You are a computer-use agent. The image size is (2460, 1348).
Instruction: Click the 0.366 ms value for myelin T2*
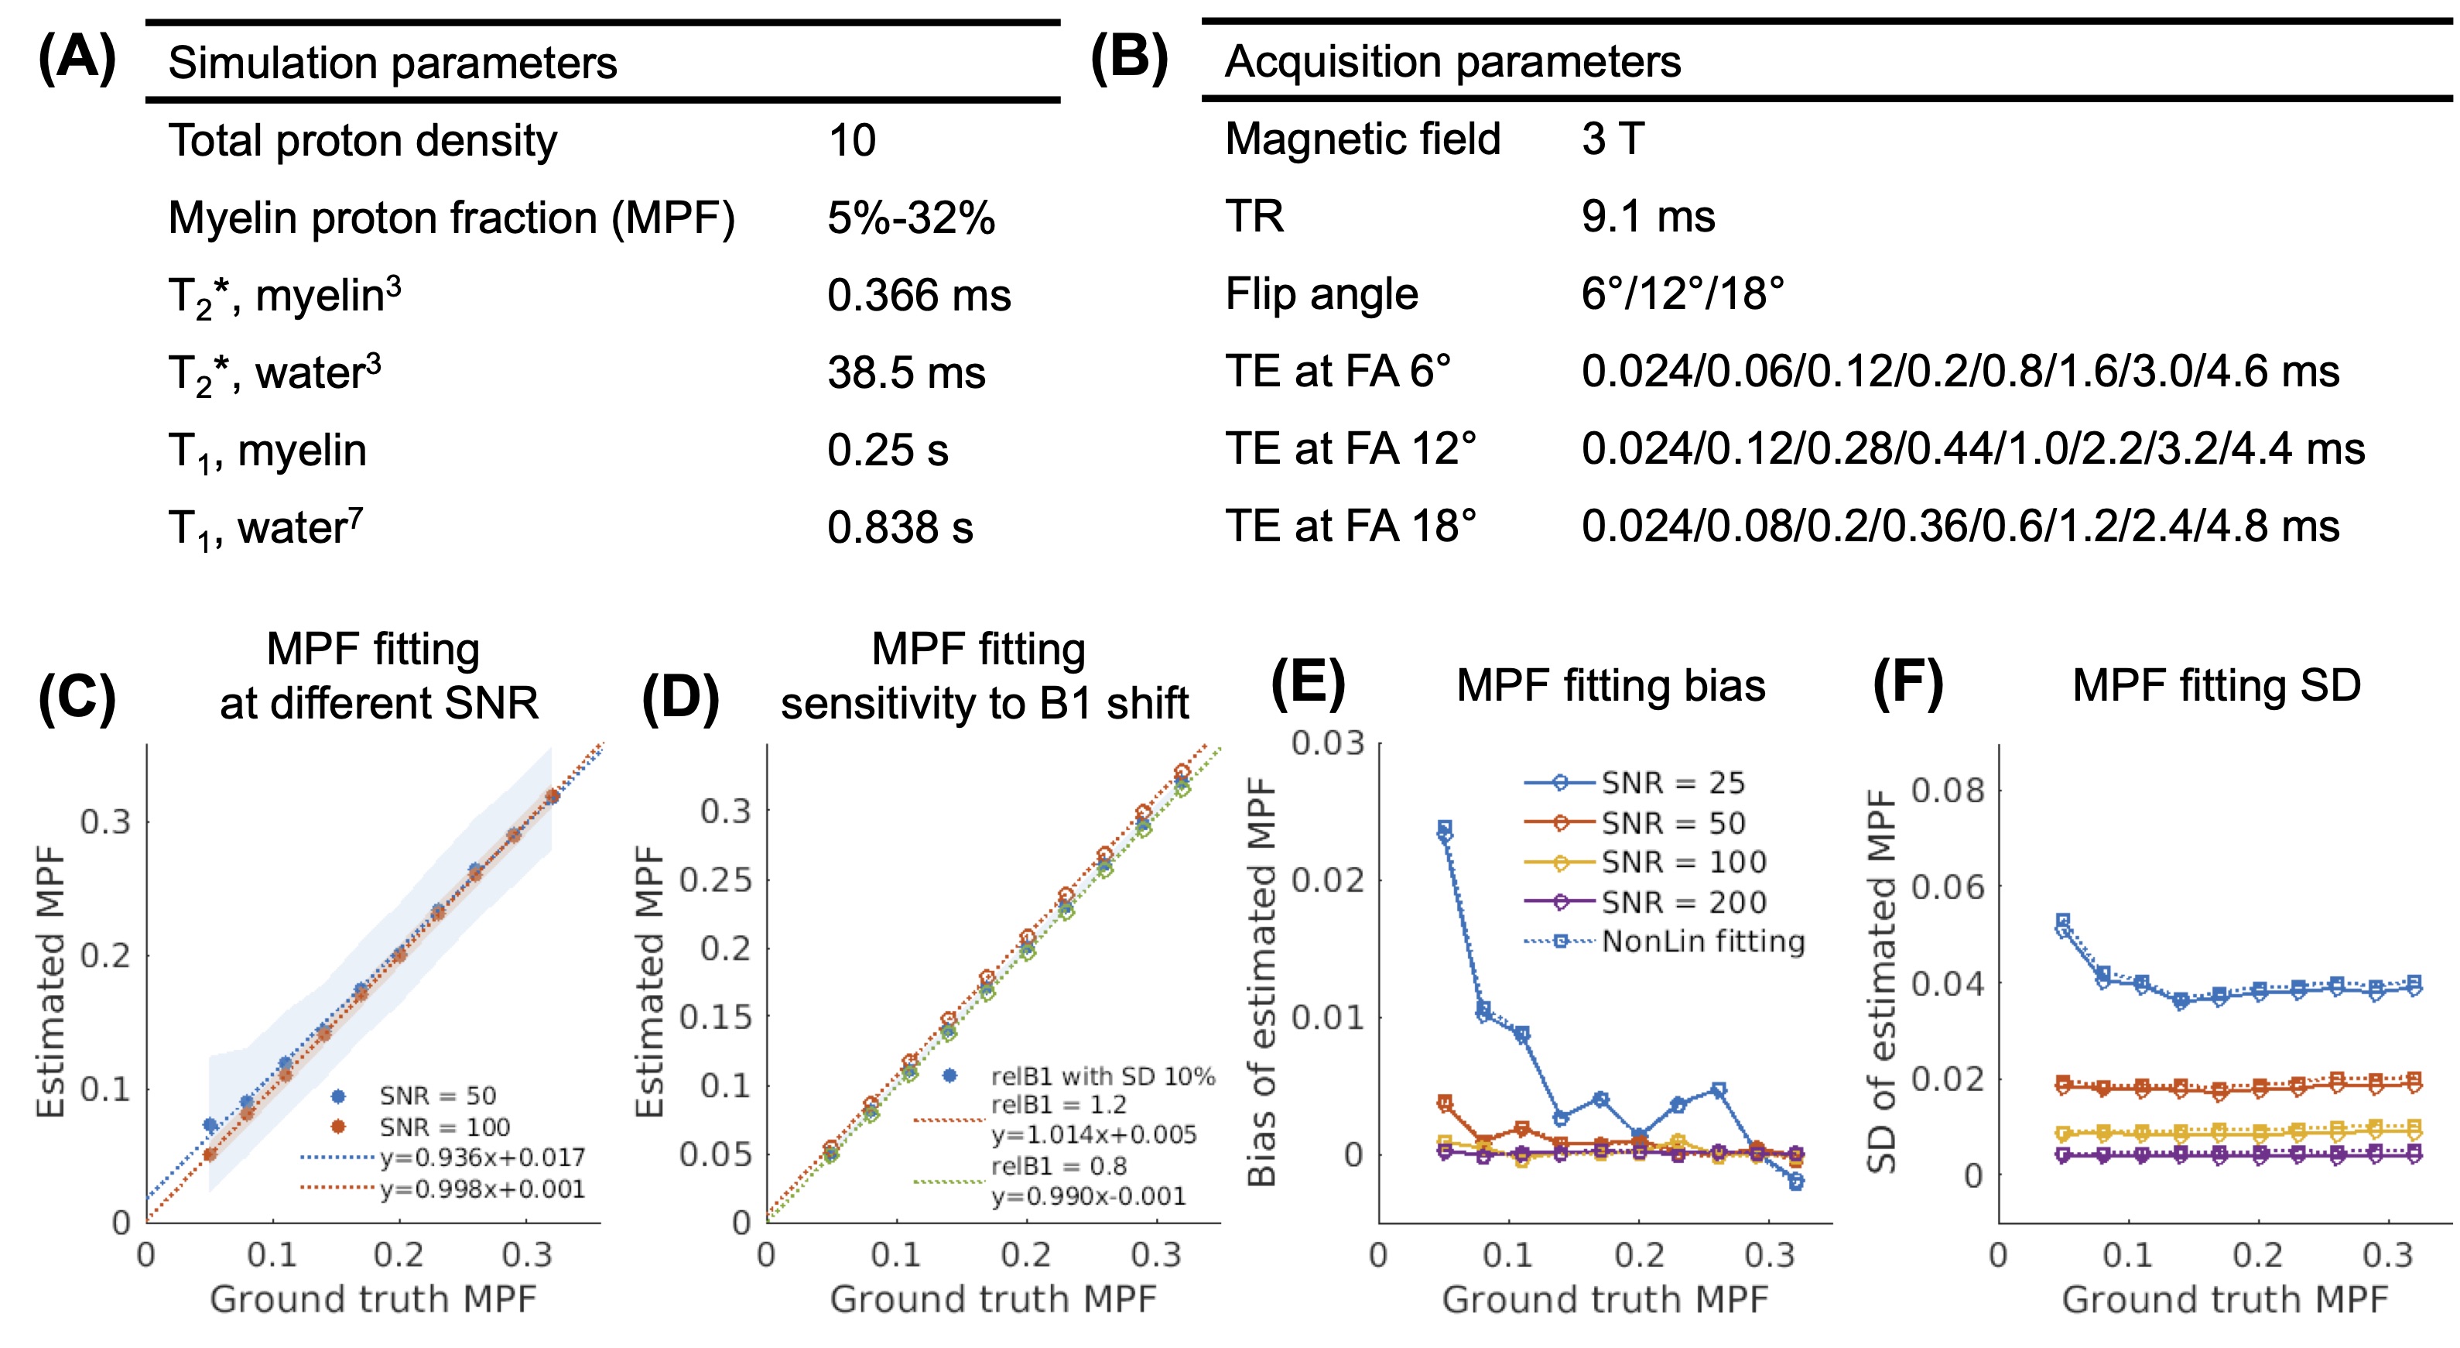coord(919,295)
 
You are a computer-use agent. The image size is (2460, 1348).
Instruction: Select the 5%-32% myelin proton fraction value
coord(911,218)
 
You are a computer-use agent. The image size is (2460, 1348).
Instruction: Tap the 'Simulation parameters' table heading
coord(392,63)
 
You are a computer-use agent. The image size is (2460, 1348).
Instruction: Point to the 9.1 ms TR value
coord(1648,216)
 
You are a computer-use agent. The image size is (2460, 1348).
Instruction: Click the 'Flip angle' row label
coord(1322,293)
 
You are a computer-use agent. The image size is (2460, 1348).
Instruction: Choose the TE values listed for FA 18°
coord(1959,527)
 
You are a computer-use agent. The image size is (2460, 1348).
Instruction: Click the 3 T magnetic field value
coord(1613,139)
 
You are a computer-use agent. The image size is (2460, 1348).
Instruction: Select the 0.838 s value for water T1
coord(900,527)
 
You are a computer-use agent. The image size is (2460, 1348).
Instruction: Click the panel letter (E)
coord(1307,684)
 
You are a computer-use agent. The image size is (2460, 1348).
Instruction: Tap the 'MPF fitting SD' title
coord(2216,685)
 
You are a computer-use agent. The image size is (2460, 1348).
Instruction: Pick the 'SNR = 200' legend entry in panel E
coord(1684,902)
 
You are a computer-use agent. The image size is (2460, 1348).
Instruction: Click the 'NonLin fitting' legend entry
coord(1702,942)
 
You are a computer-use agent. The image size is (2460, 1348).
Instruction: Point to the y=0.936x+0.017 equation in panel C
coord(482,1158)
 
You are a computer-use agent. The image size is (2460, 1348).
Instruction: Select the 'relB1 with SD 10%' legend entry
coord(1102,1077)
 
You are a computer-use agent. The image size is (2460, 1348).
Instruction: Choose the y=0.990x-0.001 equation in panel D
coord(1089,1196)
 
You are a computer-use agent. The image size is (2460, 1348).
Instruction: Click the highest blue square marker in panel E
coord(1445,828)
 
